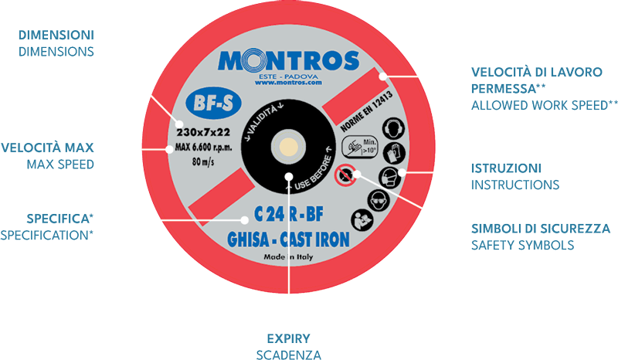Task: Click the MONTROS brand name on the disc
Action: [x=288, y=61]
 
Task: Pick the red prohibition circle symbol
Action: [x=344, y=177]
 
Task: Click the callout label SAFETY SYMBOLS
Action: [x=521, y=245]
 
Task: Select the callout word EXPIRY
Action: [x=287, y=339]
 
